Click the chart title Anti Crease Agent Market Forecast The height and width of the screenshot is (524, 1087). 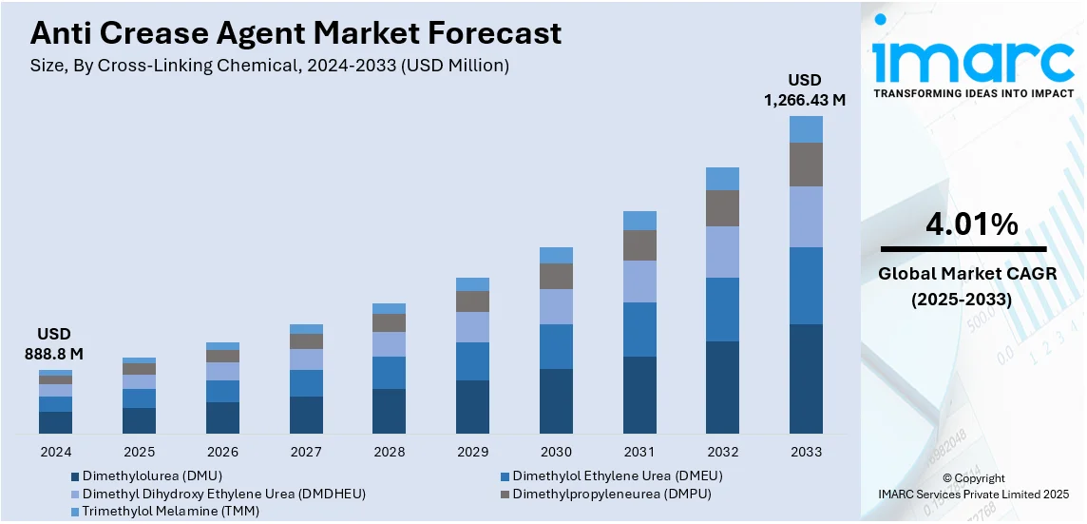(x=296, y=34)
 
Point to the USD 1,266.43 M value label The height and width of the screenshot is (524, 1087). (x=805, y=89)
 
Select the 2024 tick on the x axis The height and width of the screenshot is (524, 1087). (x=55, y=452)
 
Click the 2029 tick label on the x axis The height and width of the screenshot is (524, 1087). (x=472, y=452)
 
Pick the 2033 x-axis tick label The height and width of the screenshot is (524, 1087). (x=806, y=452)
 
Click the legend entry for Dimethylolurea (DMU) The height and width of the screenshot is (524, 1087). (x=152, y=475)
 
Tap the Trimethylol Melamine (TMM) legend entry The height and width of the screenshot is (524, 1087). (x=170, y=512)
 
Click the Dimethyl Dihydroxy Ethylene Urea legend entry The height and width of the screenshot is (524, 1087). (x=223, y=494)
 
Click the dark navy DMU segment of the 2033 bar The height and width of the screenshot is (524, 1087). (x=806, y=378)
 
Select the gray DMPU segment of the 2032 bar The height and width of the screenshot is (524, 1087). (x=722, y=207)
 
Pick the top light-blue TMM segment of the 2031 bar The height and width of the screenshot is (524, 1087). (x=639, y=221)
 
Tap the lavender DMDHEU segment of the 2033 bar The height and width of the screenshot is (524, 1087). (x=806, y=217)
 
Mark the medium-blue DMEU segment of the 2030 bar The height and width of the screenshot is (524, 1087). (x=556, y=346)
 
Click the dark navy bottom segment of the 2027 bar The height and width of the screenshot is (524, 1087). (x=306, y=415)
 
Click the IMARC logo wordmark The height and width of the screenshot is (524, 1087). (x=973, y=61)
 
